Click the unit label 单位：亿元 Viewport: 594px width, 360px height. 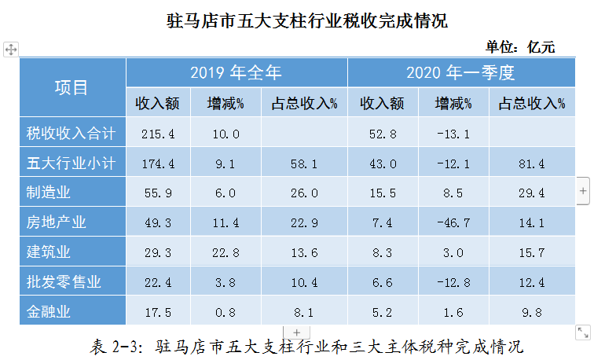pos(519,47)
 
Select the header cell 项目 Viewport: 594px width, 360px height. pos(71,87)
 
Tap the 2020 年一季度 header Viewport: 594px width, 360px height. pos(460,73)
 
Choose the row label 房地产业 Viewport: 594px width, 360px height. pos(54,222)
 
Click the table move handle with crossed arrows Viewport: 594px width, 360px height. pos(10,50)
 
